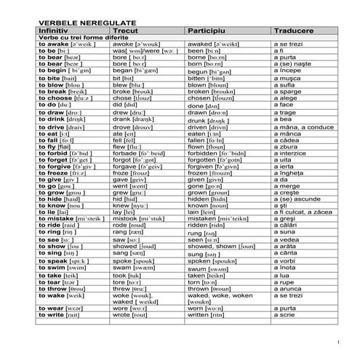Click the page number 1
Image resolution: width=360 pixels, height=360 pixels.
(339, 342)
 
